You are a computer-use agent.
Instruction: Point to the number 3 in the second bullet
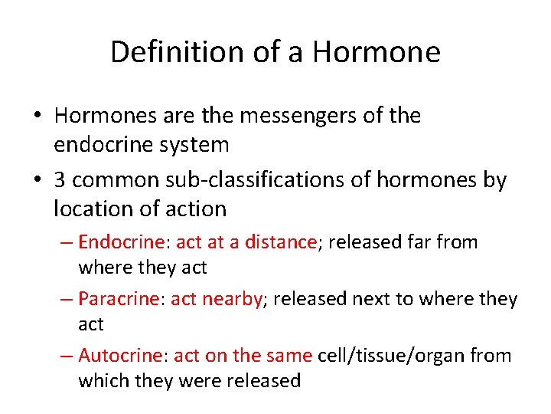pos(60,180)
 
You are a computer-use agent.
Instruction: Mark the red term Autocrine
pos(120,355)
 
